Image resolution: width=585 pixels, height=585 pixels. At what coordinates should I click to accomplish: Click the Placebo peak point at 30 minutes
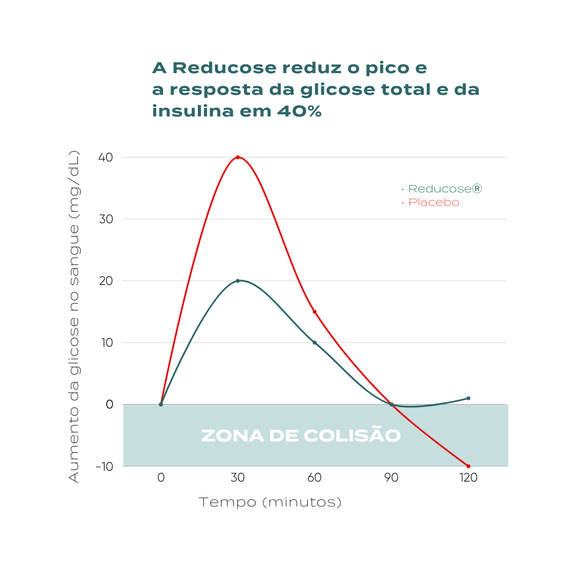[x=238, y=157]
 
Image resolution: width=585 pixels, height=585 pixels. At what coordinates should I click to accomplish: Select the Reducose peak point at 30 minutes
[x=238, y=281]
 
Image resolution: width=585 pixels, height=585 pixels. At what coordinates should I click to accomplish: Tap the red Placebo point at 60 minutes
[x=315, y=311]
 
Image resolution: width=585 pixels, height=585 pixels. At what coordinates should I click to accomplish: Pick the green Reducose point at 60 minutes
[x=315, y=342]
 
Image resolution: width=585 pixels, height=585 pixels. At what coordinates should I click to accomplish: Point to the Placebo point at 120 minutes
[x=469, y=466]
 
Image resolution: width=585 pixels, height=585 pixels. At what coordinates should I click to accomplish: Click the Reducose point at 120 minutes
[x=469, y=398]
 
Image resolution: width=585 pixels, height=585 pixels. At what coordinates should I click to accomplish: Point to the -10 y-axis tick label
[x=104, y=466]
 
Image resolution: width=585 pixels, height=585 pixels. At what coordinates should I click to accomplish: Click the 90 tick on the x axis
[x=392, y=478]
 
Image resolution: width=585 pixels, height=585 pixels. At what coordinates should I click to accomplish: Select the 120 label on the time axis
[x=469, y=478]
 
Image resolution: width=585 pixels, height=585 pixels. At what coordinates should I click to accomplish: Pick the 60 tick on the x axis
[x=315, y=478]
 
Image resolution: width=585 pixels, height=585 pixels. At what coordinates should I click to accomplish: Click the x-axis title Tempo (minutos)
[x=270, y=503]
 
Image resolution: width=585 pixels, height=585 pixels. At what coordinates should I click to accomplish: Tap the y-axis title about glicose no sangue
[x=74, y=317]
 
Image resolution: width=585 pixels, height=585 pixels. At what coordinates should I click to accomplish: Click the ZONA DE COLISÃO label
[x=301, y=436]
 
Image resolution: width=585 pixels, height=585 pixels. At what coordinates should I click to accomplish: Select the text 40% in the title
[x=299, y=112]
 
